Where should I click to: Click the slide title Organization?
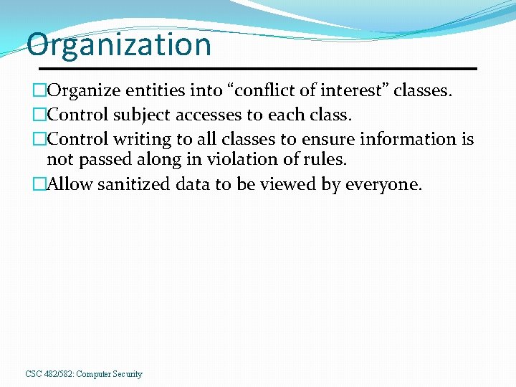[x=119, y=44]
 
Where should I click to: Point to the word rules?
[x=320, y=158]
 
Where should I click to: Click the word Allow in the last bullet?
[x=70, y=184]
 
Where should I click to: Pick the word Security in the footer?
[x=126, y=374]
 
